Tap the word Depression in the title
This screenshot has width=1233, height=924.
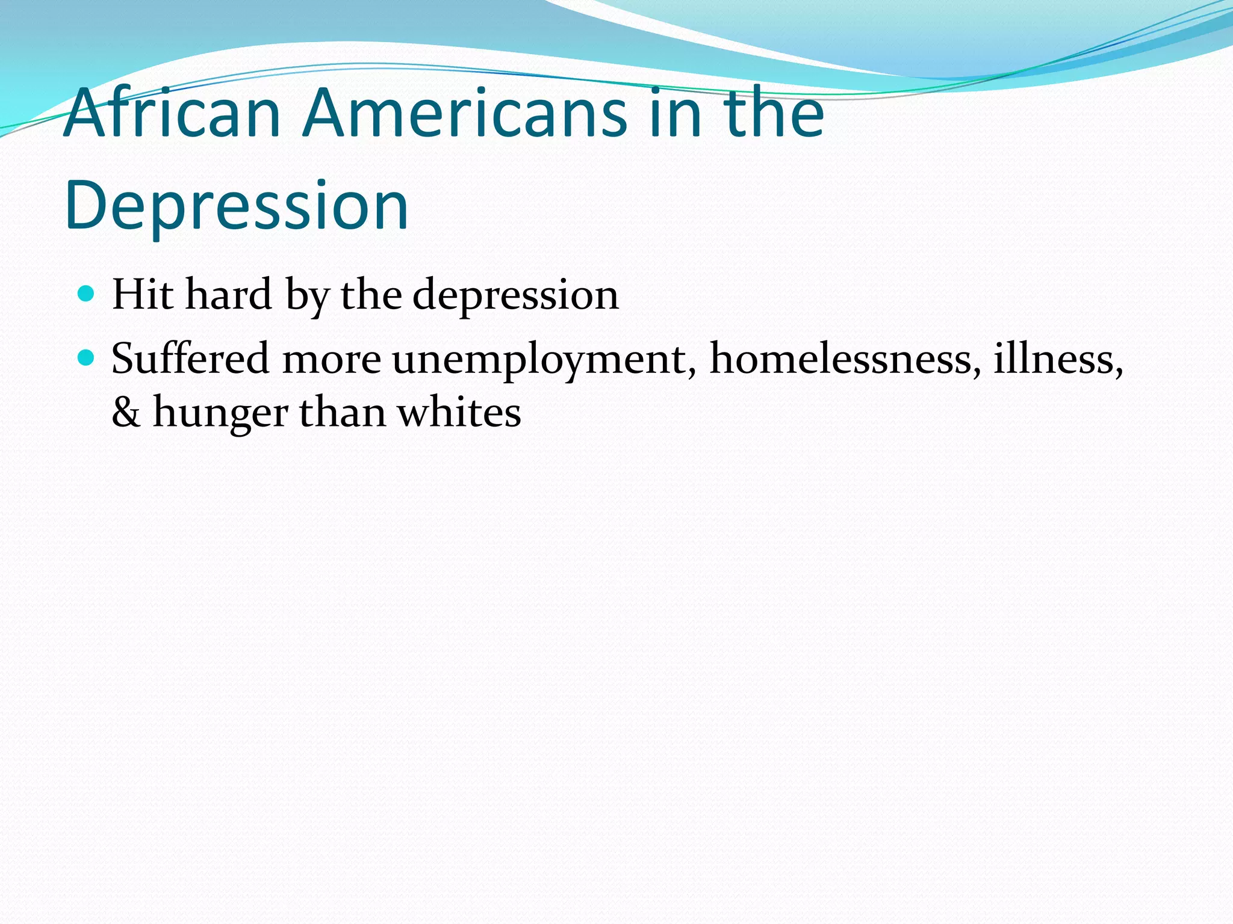tap(237, 206)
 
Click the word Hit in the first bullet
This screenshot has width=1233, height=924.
tap(142, 295)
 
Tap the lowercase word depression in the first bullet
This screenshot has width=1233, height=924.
tap(515, 296)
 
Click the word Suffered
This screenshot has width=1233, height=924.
tap(190, 359)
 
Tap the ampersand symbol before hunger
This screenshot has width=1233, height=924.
tap(126, 413)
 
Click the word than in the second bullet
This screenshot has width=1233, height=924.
tap(343, 413)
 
